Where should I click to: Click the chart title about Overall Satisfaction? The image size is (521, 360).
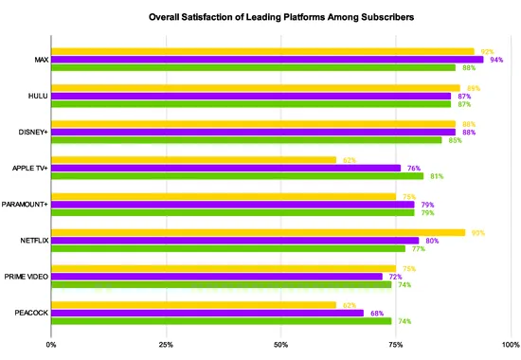[x=281, y=17]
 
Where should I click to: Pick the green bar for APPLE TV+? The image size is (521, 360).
[x=237, y=176]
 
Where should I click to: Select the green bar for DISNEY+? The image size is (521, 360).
[x=246, y=140]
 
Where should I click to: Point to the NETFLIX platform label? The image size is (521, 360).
[x=34, y=241]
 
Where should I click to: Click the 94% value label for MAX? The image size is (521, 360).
[x=496, y=60]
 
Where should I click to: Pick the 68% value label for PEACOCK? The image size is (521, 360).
[x=376, y=313]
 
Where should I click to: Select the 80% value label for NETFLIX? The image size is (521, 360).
[x=431, y=241]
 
